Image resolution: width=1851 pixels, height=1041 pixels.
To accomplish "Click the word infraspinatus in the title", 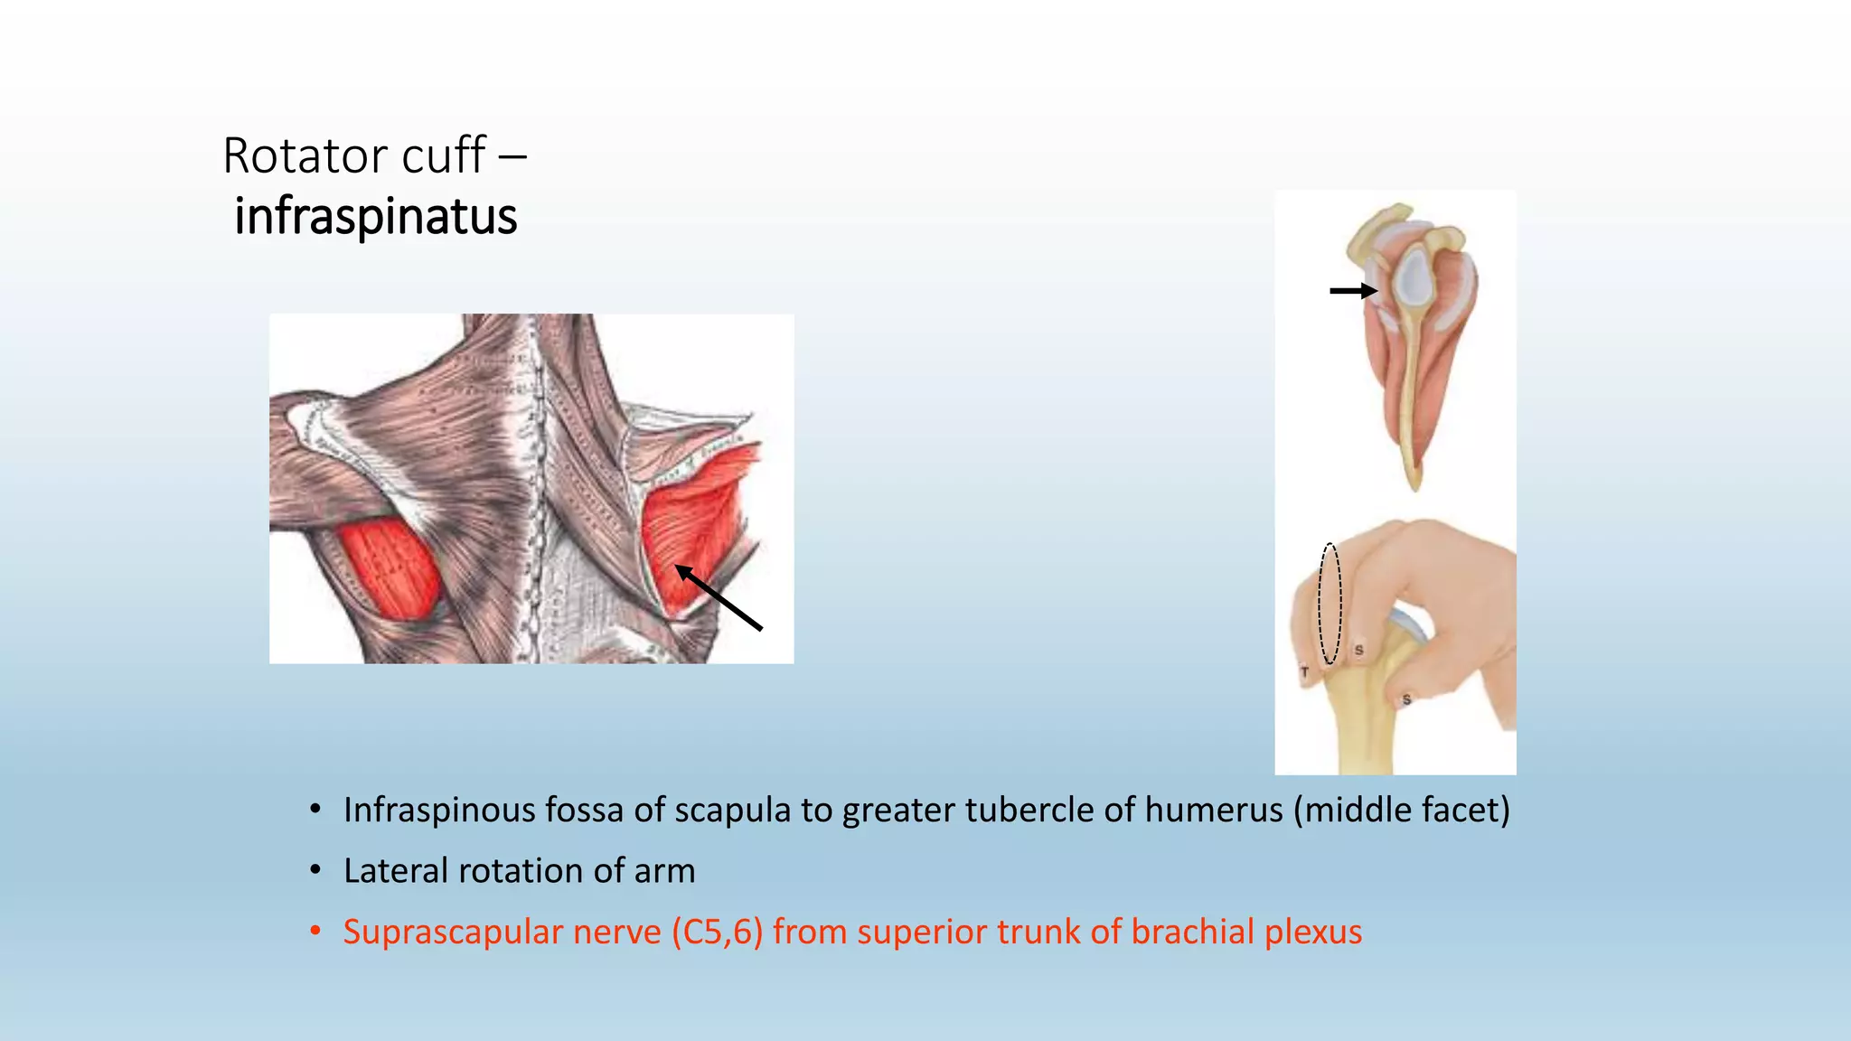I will [375, 217].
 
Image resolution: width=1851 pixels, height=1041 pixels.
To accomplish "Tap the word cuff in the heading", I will [443, 155].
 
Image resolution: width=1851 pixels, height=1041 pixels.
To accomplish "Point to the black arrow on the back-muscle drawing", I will [719, 597].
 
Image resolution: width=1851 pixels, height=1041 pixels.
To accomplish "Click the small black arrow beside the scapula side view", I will [1353, 291].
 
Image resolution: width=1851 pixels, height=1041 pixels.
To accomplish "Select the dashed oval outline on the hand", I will [1330, 604].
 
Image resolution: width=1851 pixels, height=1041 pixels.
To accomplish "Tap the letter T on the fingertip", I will [1304, 672].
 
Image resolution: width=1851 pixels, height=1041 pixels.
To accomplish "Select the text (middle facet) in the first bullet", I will [1401, 811].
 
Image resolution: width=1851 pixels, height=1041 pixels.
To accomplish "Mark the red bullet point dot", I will [315, 932].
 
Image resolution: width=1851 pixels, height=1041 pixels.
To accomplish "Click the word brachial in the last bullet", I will [1191, 933].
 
